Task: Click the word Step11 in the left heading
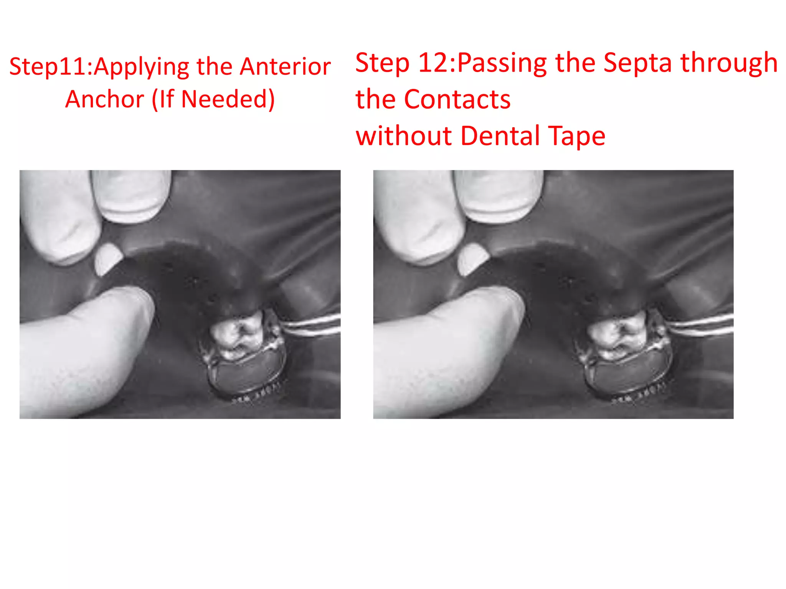click(x=50, y=67)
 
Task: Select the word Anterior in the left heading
click(x=285, y=66)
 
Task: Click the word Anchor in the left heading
click(x=105, y=99)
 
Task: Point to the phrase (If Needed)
click(x=214, y=99)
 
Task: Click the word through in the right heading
click(x=729, y=63)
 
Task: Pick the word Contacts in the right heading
click(x=457, y=99)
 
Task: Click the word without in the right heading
click(x=404, y=136)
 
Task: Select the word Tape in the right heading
click(x=577, y=137)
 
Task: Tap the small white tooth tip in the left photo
click(x=108, y=259)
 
